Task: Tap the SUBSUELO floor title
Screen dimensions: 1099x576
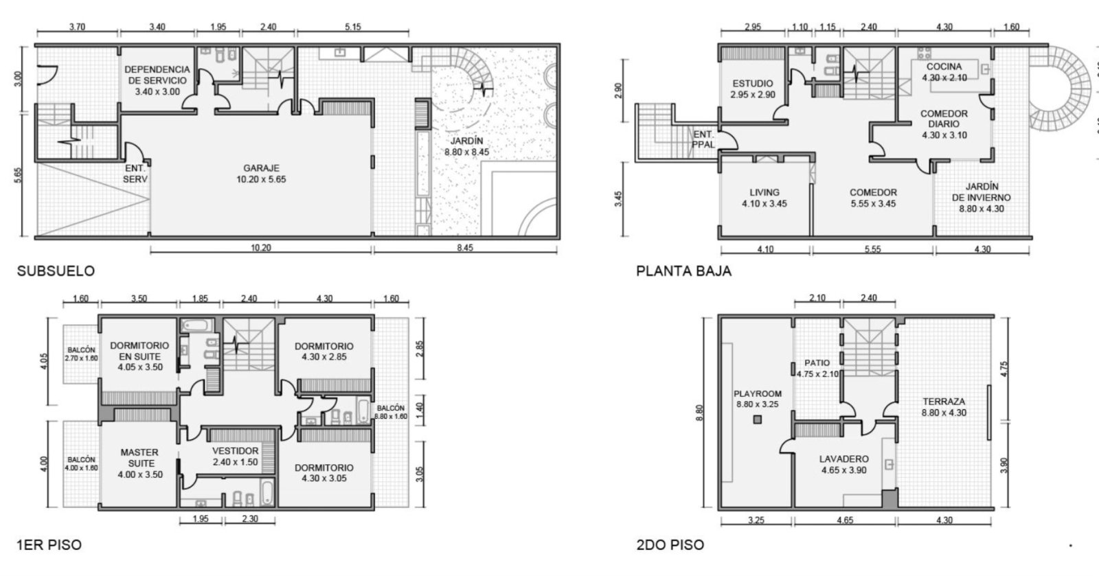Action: coord(56,271)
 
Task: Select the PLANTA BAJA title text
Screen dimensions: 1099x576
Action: coord(683,271)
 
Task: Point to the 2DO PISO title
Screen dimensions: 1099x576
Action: coord(670,544)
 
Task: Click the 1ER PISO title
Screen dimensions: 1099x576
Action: coord(49,544)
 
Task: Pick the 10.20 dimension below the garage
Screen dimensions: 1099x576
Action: coord(260,248)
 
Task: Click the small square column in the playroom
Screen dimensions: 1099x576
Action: coord(758,419)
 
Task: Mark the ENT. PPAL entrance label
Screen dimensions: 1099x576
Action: coord(703,140)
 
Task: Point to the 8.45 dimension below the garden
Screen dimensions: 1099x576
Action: coord(465,248)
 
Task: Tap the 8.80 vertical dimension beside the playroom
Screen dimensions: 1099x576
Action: coord(700,413)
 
